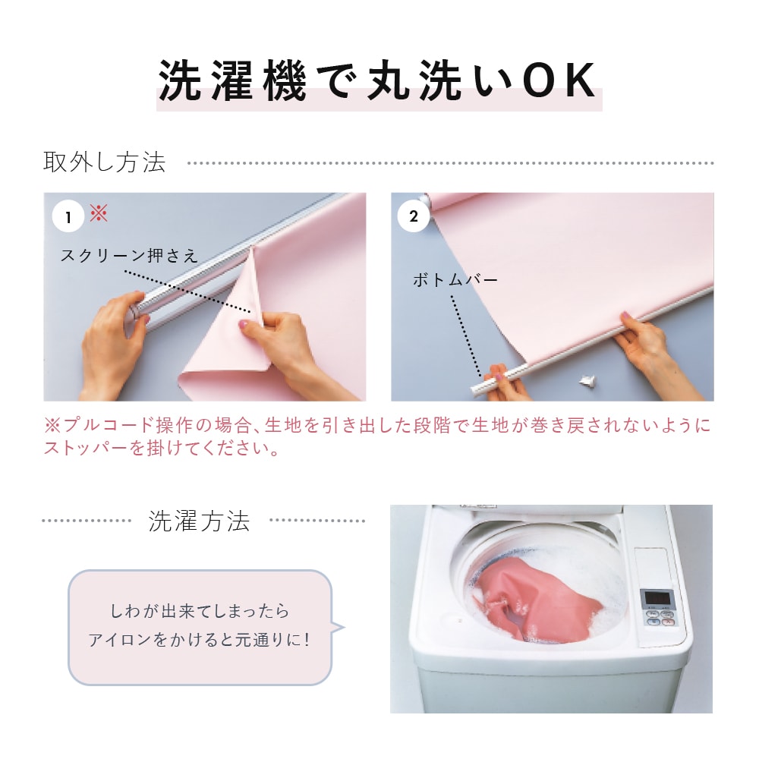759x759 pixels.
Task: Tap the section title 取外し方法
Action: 105,162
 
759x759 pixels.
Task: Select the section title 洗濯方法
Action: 199,521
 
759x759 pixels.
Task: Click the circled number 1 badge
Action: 68,216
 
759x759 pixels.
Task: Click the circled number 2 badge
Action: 413,216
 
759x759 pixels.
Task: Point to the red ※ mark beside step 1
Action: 99,213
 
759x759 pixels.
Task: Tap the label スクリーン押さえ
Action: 129,255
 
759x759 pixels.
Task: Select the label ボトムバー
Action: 455,280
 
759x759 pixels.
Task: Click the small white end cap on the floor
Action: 587,382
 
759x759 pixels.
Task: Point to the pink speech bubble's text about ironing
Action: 200,625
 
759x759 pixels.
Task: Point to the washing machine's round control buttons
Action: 660,618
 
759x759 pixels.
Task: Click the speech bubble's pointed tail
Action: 338,628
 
